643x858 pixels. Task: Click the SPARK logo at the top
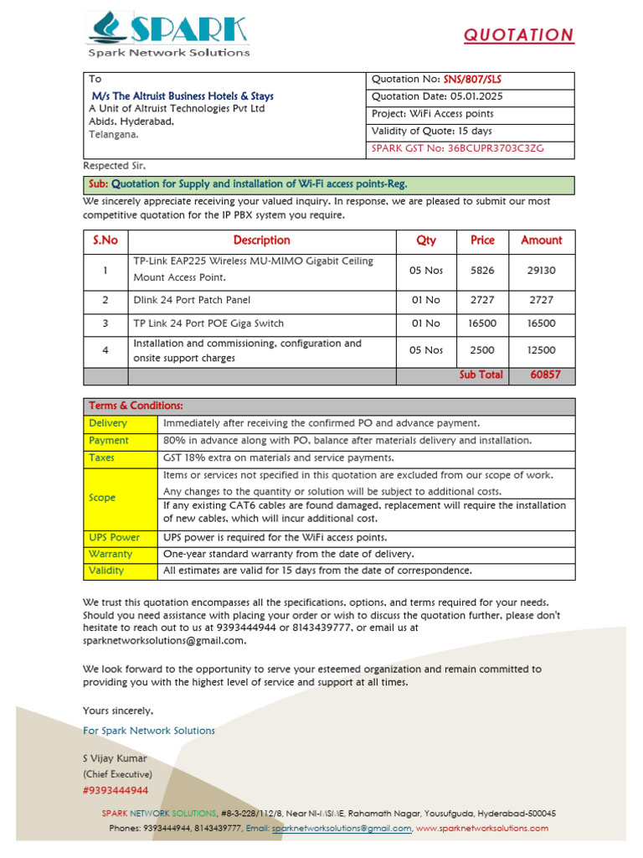tap(167, 34)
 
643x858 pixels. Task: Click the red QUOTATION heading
tap(519, 35)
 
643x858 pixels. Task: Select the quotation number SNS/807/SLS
tap(473, 80)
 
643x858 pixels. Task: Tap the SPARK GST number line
tap(457, 148)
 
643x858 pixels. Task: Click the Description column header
tap(261, 240)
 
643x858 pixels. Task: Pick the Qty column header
tap(426, 240)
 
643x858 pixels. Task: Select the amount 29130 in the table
tap(541, 271)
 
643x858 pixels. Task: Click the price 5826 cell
tap(482, 271)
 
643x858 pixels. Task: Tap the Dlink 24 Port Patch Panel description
tap(192, 300)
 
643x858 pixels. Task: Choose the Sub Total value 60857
tap(545, 375)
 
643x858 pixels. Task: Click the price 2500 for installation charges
tap(482, 350)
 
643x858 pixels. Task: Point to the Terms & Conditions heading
tap(136, 406)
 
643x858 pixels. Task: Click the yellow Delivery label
tap(108, 423)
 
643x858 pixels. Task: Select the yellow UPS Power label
tap(114, 537)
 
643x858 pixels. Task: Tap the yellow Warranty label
tap(111, 554)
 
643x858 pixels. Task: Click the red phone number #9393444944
tap(116, 790)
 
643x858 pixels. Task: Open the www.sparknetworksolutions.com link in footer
tap(482, 828)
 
